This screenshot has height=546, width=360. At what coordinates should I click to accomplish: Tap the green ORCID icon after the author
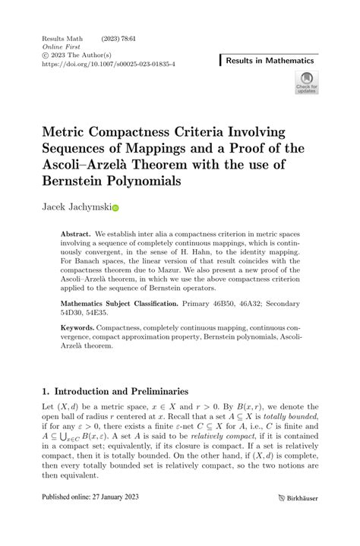116,207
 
